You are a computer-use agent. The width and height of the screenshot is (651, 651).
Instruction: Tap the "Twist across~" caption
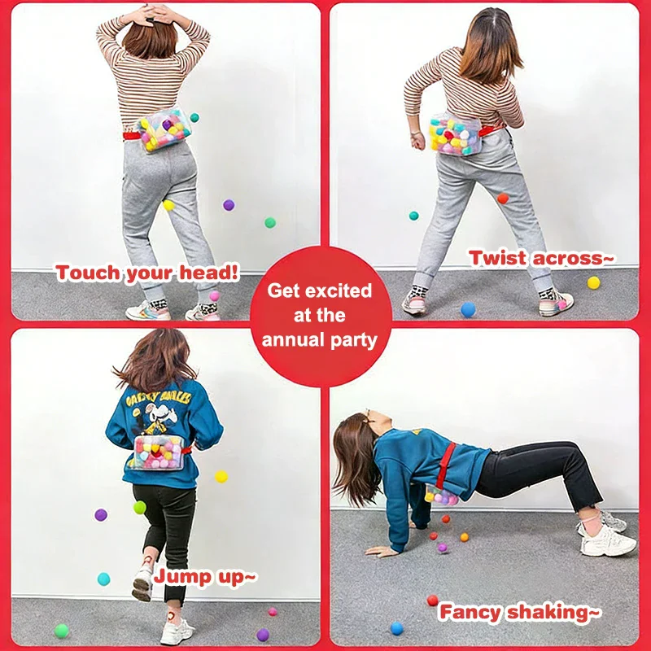(x=541, y=259)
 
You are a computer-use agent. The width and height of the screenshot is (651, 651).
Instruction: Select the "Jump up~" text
(x=206, y=577)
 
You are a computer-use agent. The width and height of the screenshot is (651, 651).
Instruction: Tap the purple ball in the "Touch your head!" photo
(x=229, y=205)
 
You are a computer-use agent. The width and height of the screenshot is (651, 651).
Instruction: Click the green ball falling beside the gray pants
(x=269, y=222)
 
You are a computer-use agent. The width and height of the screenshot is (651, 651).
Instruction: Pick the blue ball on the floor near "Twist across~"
(x=468, y=309)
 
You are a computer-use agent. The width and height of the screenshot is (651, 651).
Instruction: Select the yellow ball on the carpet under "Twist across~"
(x=593, y=282)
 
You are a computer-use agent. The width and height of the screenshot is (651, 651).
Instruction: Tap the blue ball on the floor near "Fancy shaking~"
(x=396, y=628)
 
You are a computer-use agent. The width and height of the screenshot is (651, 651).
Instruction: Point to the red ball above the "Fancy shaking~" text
(x=432, y=601)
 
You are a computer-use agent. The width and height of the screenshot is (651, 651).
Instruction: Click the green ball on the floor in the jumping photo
(x=61, y=631)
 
